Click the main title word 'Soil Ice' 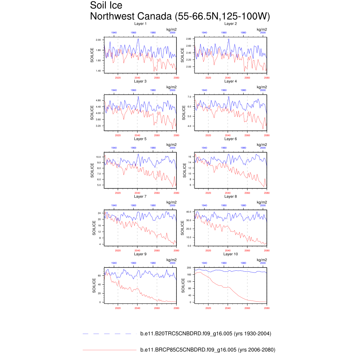coord(106,6)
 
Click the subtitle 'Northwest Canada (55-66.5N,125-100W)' coord(180,17)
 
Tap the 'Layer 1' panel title coord(140,24)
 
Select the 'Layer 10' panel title coord(231,254)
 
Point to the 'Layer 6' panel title coord(231,139)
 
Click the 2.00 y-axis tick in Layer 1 coord(98,40)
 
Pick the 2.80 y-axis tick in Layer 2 coord(188,39)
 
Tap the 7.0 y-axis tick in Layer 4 coord(189,97)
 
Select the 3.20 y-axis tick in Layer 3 coord(98,126)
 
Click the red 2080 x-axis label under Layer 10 coord(267,308)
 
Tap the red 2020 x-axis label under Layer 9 coord(118,308)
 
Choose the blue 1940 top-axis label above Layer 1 coord(114,32)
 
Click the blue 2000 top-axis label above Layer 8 coord(263,205)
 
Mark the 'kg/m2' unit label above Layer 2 coord(262,29)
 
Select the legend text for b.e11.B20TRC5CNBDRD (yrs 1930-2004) coord(206,334)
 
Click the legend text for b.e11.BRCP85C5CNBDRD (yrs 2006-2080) coord(207,350)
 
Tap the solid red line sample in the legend coord(109,350)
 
